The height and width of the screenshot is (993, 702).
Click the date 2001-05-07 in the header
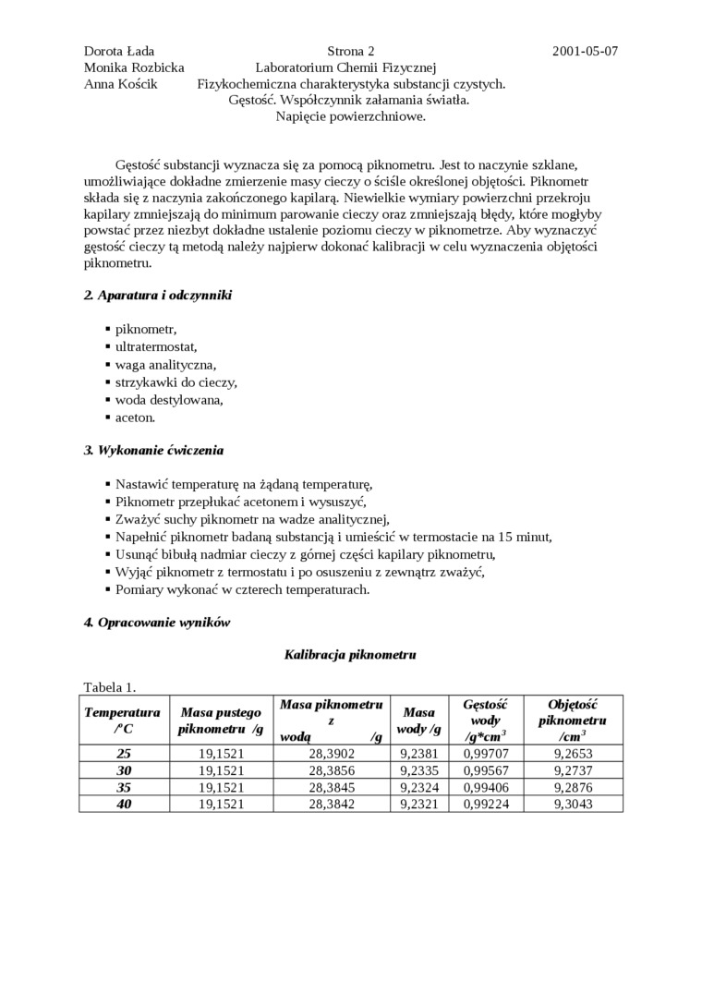pos(585,51)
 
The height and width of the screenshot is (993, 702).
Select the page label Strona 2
pos(350,51)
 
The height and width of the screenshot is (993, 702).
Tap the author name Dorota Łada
pos(119,51)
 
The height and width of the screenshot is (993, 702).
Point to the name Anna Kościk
pos(120,84)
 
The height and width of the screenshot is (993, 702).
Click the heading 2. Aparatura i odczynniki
pos(158,295)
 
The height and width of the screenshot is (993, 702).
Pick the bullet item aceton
pos(135,418)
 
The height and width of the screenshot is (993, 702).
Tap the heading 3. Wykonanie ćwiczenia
pos(153,450)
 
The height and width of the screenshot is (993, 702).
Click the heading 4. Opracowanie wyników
pos(157,622)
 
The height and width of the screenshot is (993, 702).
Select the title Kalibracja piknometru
pos(350,654)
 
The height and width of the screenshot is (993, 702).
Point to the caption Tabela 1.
pos(110,686)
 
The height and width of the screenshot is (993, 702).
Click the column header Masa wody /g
pos(418,721)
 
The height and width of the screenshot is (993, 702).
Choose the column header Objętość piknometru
pos(573,720)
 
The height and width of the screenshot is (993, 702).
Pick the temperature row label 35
pos(124,787)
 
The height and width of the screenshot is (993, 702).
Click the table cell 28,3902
pos(332,754)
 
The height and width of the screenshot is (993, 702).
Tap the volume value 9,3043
pos(573,804)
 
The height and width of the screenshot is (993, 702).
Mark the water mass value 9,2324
pos(418,787)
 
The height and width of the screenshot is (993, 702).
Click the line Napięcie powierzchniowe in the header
pos(350,116)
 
